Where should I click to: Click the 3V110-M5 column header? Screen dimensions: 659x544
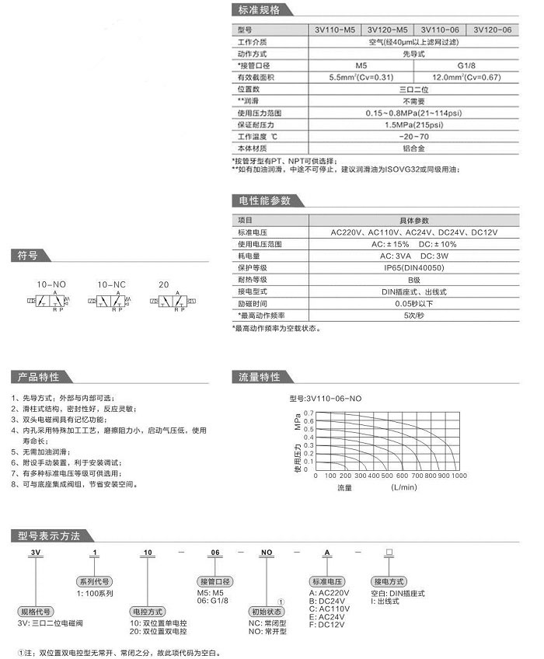[334, 30]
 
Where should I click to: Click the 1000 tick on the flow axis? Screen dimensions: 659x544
[459, 475]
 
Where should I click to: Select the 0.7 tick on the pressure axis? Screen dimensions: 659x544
[308, 413]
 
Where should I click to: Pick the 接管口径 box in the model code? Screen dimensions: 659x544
[215, 581]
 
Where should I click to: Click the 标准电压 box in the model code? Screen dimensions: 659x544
[326, 581]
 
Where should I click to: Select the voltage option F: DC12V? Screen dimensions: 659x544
[327, 624]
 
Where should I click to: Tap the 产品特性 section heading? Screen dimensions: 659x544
[38, 377]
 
